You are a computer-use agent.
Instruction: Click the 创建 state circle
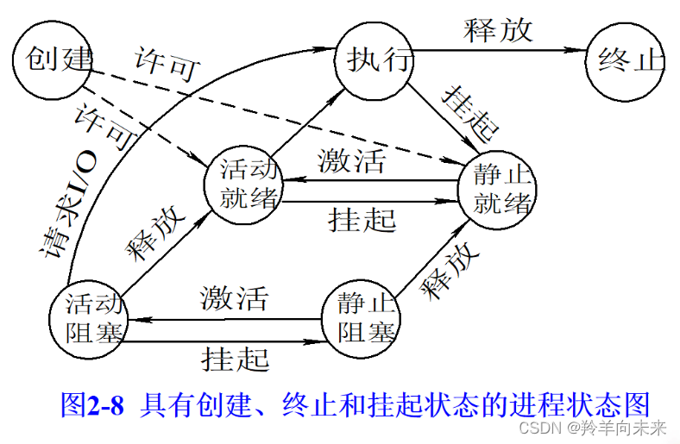pos(53,59)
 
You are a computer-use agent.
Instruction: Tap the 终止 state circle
pos(624,61)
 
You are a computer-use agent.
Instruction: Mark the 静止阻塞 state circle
pos(361,316)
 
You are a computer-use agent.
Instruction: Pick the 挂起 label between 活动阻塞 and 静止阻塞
pos(235,356)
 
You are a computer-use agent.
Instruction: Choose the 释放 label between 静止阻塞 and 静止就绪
pos(439,272)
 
